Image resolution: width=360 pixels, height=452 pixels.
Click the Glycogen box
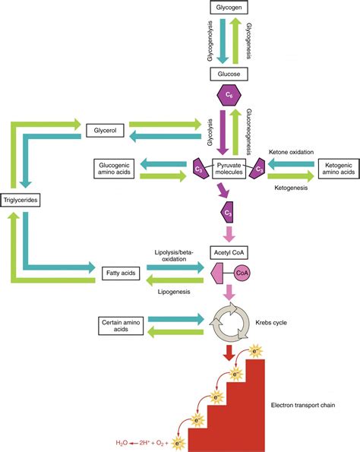(231, 8)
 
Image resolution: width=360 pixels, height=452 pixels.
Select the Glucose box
(231, 74)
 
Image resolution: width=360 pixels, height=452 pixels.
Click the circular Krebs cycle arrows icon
(231, 324)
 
